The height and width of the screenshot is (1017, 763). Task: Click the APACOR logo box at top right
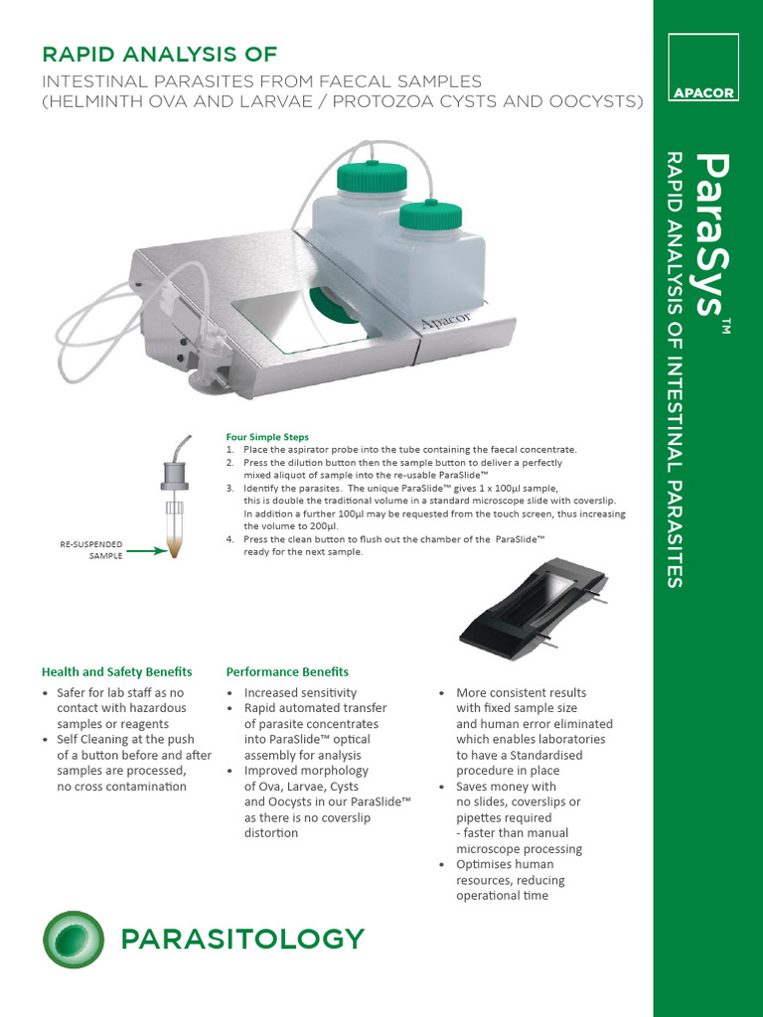(703, 68)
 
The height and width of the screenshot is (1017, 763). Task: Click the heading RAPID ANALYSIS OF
(158, 54)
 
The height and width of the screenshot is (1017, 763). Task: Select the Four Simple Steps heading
(267, 437)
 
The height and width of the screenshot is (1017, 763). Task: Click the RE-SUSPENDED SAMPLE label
(92, 550)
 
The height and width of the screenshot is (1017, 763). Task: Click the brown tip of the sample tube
(175, 547)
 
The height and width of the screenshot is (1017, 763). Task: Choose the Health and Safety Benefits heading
(116, 672)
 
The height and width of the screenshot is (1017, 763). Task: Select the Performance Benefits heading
(287, 672)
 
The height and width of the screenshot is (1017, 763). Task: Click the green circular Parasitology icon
(74, 939)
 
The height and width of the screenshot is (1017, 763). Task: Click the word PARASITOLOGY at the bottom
(241, 939)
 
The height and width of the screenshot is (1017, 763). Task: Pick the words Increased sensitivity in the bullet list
(300, 693)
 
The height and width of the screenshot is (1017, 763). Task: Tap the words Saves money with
(505, 787)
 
